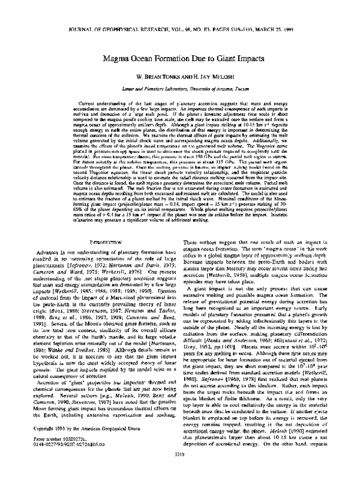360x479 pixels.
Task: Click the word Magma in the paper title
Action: click(x=121, y=60)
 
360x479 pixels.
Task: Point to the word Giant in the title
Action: click(x=229, y=60)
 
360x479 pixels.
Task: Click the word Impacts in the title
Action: click(x=258, y=60)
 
